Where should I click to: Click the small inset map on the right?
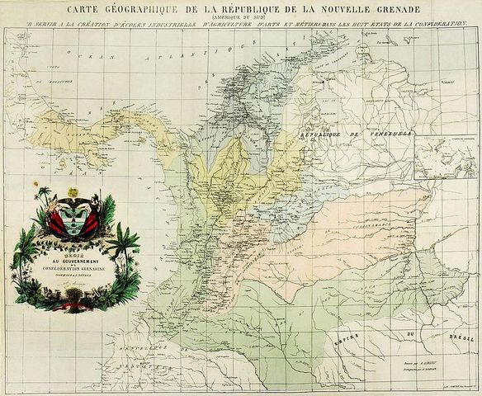click(444, 158)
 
